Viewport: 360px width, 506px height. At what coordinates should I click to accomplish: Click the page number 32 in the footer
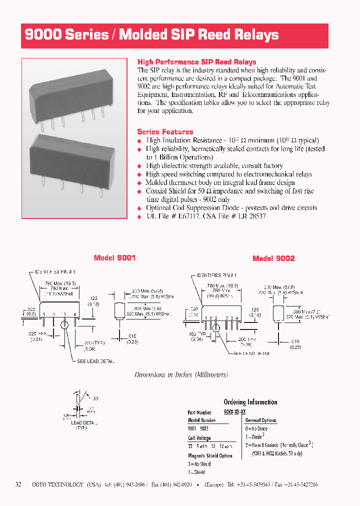point(18,484)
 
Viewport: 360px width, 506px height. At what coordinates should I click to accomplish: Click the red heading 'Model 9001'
point(114,258)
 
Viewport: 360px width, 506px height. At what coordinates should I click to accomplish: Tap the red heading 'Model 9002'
point(273,258)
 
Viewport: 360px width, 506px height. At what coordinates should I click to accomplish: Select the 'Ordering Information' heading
point(250,402)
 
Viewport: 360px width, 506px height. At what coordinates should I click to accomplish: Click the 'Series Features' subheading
point(165,132)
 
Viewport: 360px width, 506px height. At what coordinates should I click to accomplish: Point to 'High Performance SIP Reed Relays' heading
point(196,62)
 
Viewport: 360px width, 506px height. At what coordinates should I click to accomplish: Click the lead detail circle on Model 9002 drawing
point(216,328)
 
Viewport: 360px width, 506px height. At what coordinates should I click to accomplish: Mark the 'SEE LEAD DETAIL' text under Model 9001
point(95,361)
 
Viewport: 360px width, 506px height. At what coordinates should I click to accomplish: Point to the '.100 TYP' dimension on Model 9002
point(196,333)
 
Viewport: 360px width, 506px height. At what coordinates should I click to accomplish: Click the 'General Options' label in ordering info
point(260,420)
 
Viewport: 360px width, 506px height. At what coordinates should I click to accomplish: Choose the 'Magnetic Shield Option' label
point(210,455)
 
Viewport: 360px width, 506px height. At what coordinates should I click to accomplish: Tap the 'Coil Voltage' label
point(199,438)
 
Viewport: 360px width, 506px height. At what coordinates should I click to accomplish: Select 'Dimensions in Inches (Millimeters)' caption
point(181,374)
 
